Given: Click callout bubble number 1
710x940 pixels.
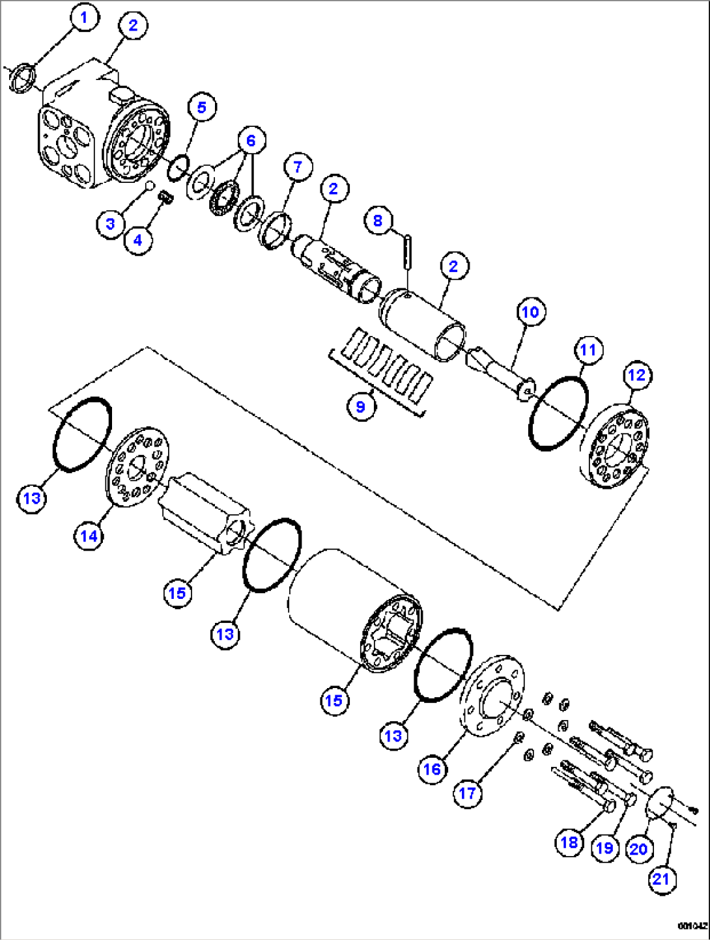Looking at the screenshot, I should click(x=83, y=18).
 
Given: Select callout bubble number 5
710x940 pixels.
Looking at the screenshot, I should click(x=201, y=107).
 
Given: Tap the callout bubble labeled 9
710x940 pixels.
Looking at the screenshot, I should click(x=360, y=407).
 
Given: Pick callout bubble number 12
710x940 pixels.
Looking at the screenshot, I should click(x=636, y=375).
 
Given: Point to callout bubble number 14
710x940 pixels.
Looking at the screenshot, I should click(x=89, y=536).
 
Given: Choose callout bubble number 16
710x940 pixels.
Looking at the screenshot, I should click(x=432, y=769).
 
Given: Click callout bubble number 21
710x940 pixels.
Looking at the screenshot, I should click(x=660, y=879).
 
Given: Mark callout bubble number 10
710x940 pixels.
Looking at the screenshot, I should click(x=530, y=312).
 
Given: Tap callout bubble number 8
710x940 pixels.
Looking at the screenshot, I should click(x=378, y=221).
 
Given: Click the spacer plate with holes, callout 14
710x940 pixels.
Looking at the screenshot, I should click(x=136, y=465).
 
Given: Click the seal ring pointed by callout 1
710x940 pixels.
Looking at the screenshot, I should click(x=22, y=78).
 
